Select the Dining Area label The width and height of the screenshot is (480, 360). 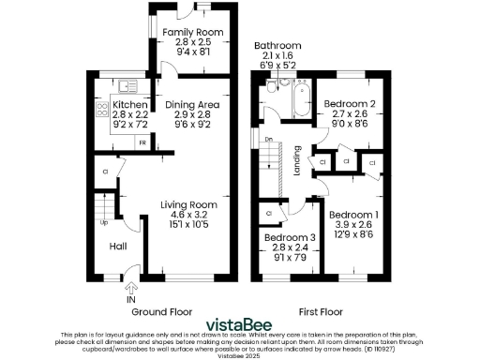[191, 105]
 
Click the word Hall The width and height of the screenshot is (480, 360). [119, 247]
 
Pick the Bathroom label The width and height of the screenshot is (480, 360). [277, 46]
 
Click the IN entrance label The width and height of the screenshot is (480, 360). [129, 300]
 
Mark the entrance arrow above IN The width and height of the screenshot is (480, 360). [129, 287]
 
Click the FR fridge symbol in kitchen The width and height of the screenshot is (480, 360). [142, 143]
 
